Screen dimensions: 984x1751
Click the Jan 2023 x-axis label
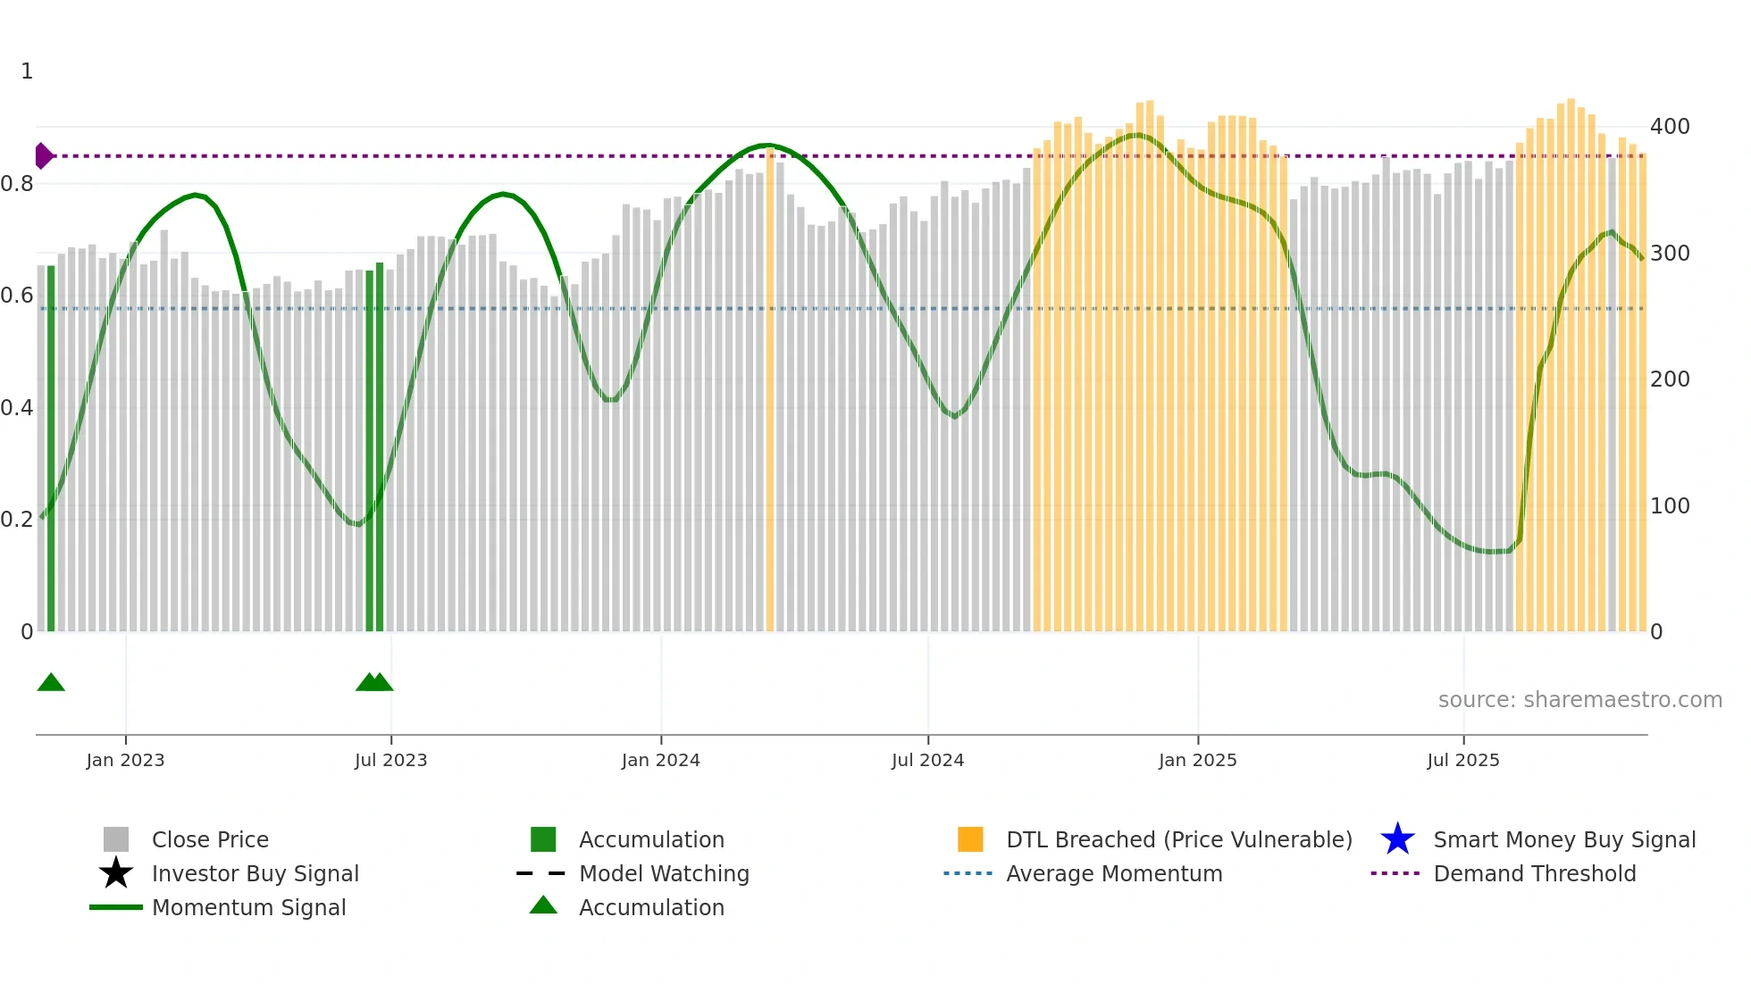[125, 760]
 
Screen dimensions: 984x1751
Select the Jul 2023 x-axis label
[390, 760]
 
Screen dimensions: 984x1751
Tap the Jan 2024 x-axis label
[660, 760]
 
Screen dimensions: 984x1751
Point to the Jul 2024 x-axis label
[927, 760]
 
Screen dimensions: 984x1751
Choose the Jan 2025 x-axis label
[1197, 760]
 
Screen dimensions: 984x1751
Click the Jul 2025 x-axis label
[1462, 760]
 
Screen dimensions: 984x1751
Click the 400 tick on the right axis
[1670, 127]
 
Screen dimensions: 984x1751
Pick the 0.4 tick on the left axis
[17, 408]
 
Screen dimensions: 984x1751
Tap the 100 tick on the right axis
[1670, 506]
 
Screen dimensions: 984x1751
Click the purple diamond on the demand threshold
[43, 156]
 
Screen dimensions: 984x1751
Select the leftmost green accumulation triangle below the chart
[51, 682]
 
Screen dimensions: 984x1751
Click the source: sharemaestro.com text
[1579, 700]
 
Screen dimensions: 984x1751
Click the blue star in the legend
[1397, 839]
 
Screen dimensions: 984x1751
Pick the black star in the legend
[116, 873]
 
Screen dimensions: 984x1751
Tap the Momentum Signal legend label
[248, 907]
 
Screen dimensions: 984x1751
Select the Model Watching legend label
[664, 873]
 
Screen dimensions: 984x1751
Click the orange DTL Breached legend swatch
[970, 839]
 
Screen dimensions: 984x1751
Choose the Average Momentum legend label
[1114, 873]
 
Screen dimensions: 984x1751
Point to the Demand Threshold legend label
[1535, 873]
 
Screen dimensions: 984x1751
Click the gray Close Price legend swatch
[116, 839]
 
